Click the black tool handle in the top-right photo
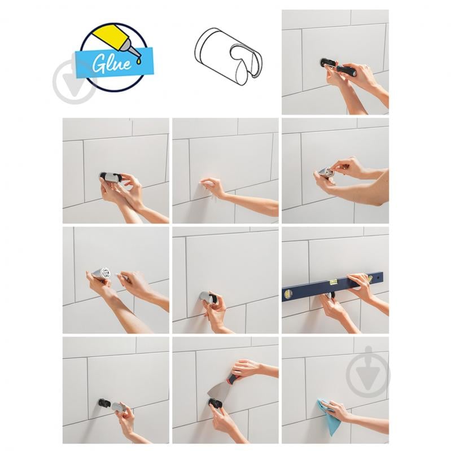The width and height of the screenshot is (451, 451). tap(346, 70)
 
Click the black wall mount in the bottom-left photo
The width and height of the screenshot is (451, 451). tap(104, 403)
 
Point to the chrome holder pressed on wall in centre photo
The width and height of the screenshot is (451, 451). tap(205, 297)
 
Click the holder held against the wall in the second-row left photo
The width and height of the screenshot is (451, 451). tap(111, 178)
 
